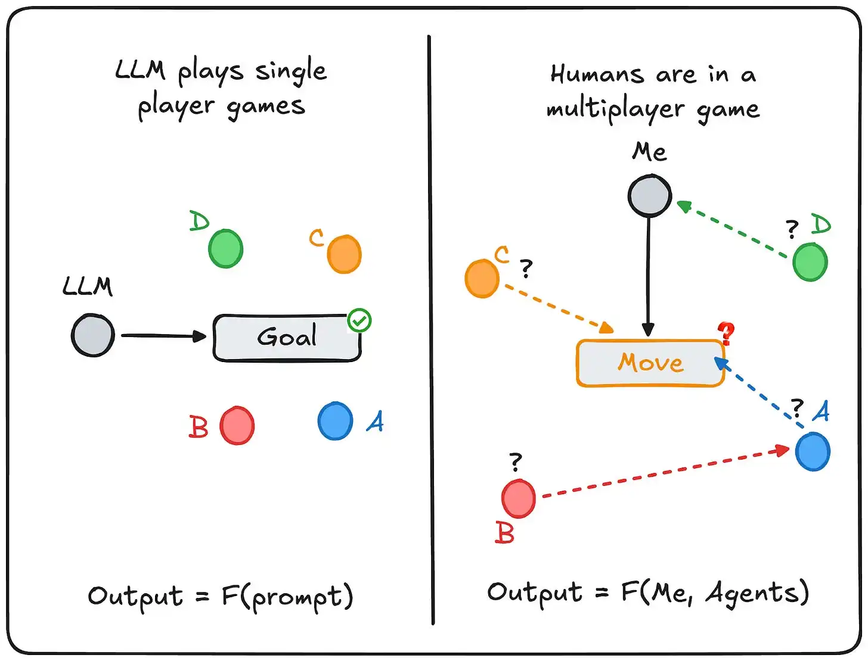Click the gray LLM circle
(93, 335)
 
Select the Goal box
(287, 338)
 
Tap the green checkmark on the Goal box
(359, 320)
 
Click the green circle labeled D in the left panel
(225, 248)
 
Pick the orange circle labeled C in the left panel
(344, 254)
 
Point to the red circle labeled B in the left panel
(237, 425)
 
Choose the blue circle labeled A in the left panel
(335, 420)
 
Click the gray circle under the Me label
(649, 195)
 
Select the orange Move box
(650, 363)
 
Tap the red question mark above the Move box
(726, 332)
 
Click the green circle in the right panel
(810, 262)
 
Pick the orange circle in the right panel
(482, 278)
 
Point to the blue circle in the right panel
(812, 451)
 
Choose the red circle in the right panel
(518, 498)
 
